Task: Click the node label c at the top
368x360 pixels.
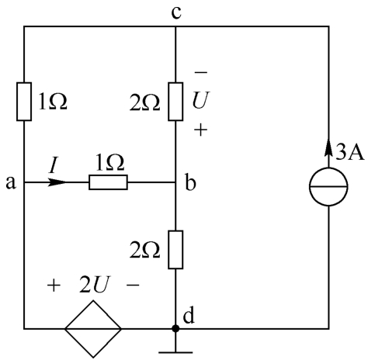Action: pyautogui.click(x=176, y=13)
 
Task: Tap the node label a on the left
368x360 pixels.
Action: pyautogui.click(x=11, y=183)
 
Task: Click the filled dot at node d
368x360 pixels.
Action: pyautogui.click(x=175, y=329)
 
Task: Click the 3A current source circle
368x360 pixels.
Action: pyautogui.click(x=328, y=186)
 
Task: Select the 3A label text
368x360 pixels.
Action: pyautogui.click(x=350, y=152)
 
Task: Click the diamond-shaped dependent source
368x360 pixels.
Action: pyautogui.click(x=93, y=329)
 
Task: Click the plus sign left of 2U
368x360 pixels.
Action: pyautogui.click(x=54, y=286)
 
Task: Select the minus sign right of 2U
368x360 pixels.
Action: pyautogui.click(x=133, y=285)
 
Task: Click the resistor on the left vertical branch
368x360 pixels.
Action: pyautogui.click(x=24, y=102)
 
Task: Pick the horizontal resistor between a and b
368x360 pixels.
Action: pyautogui.click(x=108, y=182)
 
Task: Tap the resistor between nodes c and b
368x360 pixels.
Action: pyautogui.click(x=175, y=102)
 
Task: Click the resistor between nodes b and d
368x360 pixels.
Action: pyautogui.click(x=175, y=250)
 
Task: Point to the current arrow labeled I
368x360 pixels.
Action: pyautogui.click(x=57, y=182)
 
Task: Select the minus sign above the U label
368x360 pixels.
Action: pyautogui.click(x=201, y=72)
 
